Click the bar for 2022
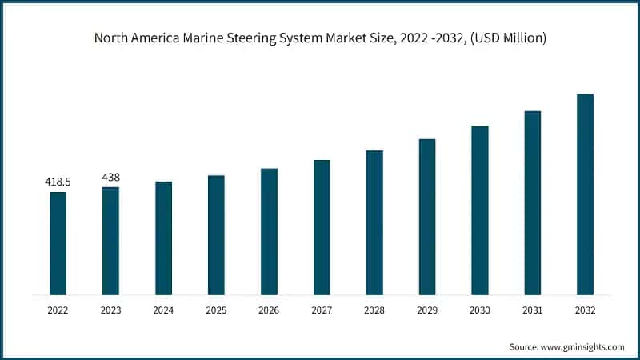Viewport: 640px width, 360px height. tap(58, 243)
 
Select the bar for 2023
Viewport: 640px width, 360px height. tap(110, 241)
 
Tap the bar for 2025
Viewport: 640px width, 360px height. tap(216, 234)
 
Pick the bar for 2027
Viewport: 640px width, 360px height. tap(322, 227)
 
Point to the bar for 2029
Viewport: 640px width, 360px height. tap(427, 217)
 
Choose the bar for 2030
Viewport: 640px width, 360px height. tap(480, 210)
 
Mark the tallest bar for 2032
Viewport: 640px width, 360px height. tap(585, 194)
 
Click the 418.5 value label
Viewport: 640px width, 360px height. tap(58, 182)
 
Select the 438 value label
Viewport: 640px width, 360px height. tap(110, 177)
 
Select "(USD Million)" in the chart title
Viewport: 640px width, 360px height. tap(506, 38)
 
